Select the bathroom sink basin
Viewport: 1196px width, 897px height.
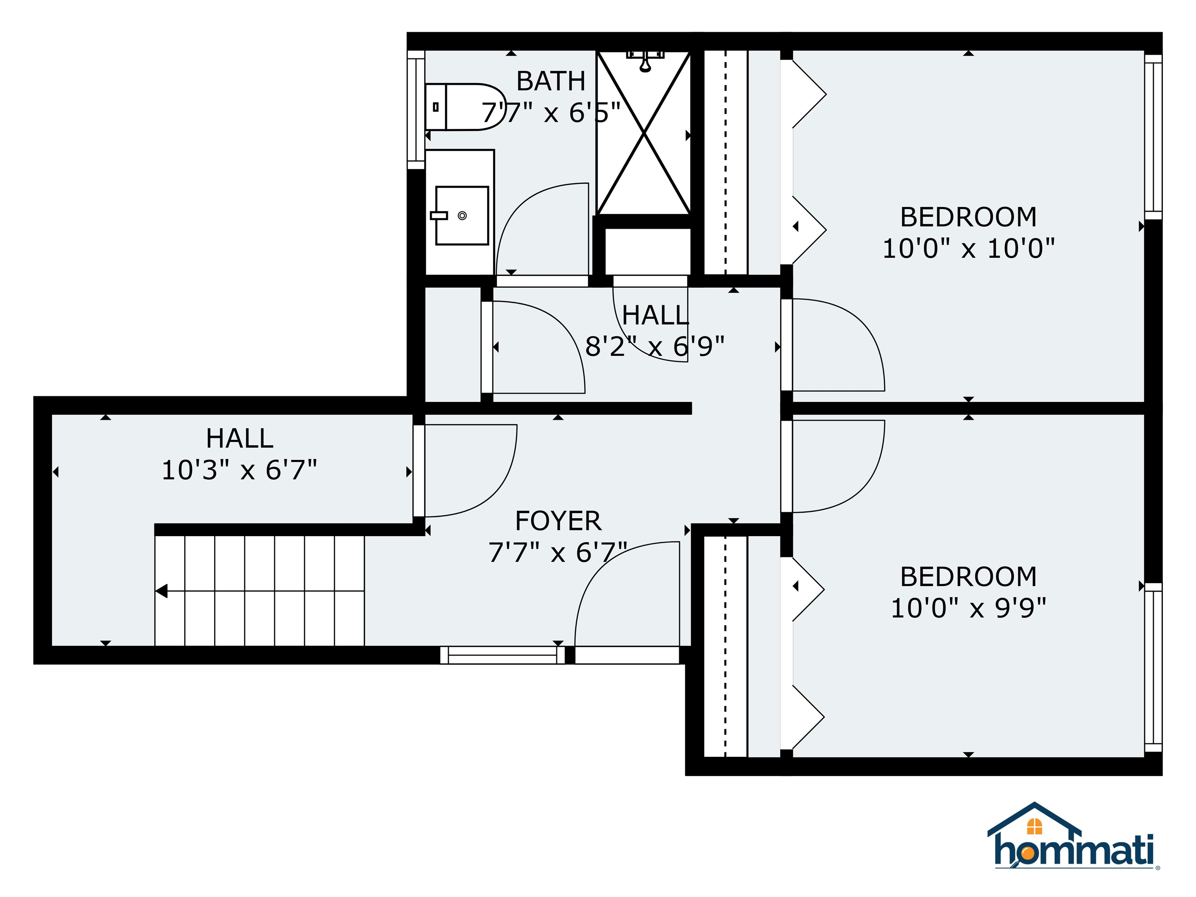(x=462, y=216)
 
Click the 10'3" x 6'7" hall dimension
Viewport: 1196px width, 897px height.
(x=239, y=470)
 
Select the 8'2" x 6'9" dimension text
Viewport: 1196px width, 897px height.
(x=654, y=346)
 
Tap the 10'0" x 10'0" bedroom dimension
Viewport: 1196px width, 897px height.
(x=968, y=249)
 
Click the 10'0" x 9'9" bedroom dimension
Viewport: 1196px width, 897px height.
(x=968, y=608)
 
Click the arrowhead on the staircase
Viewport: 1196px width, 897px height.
(x=162, y=591)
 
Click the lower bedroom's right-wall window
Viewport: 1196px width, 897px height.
(x=1153, y=668)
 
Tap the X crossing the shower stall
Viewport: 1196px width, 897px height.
(x=644, y=132)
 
